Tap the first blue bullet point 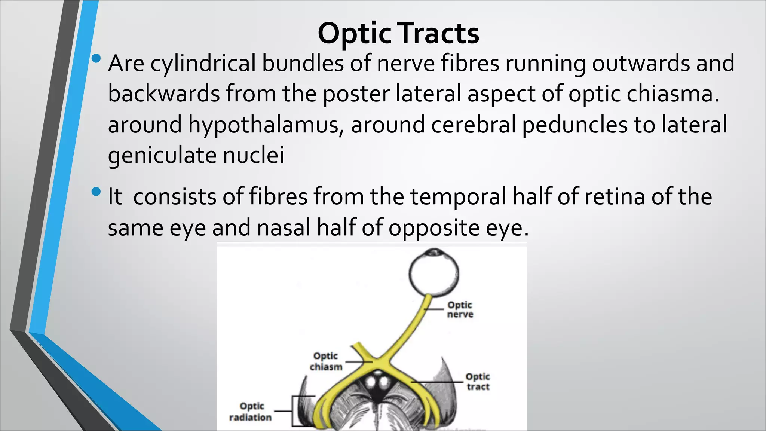click(x=96, y=58)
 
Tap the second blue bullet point click(x=96, y=192)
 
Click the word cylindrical click(x=203, y=64)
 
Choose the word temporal click(x=458, y=197)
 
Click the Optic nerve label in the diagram click(x=460, y=310)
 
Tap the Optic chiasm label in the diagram click(x=326, y=361)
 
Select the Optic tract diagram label click(x=478, y=382)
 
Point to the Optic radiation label click(x=251, y=412)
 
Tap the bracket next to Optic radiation click(x=294, y=411)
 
